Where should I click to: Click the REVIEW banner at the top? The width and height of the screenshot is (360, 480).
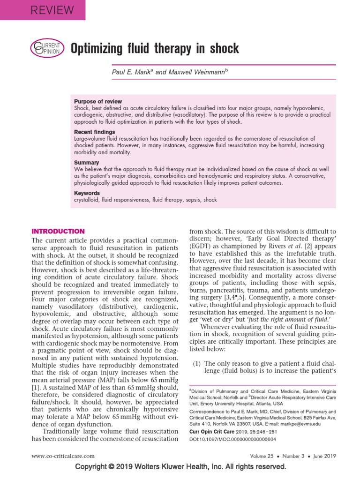pyautogui.click(x=43, y=10)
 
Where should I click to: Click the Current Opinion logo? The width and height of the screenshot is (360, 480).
pyautogui.click(x=45, y=48)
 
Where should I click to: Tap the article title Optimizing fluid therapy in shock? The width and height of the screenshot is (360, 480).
pyautogui.click(x=155, y=48)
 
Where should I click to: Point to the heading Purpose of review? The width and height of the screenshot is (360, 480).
pyautogui.click(x=98, y=101)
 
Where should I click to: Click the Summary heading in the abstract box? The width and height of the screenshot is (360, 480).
pyautogui.click(x=87, y=163)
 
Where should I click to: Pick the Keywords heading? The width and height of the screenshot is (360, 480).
pyautogui.click(x=87, y=193)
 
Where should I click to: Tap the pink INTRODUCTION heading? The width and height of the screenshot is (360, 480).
pyautogui.click(x=58, y=231)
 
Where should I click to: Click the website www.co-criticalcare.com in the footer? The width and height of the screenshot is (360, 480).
pyautogui.click(x=63, y=455)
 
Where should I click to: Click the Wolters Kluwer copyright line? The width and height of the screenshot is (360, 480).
pyautogui.click(x=180, y=467)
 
